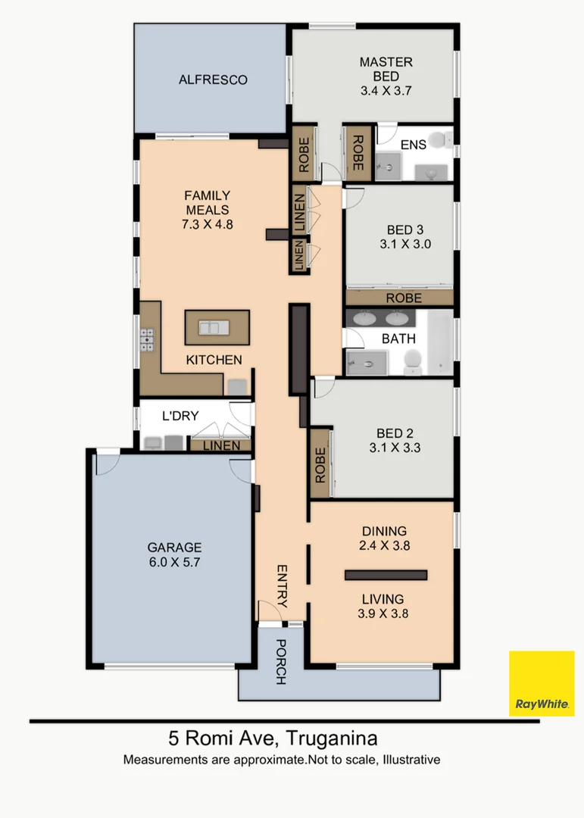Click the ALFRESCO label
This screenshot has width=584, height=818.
coord(213,80)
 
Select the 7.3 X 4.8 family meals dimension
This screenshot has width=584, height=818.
coord(207,224)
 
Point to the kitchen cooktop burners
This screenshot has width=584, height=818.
coord(146,339)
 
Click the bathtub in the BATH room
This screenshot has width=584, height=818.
coord(439,341)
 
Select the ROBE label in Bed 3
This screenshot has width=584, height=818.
coord(404,298)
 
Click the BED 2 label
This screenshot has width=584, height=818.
coord(395,434)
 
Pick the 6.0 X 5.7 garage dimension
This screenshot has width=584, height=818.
coord(174,562)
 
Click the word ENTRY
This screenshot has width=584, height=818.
coord(283,586)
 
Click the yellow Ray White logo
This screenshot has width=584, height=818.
coord(541,683)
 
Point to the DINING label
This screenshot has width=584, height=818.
coord(383,531)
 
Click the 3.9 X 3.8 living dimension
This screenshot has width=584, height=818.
coord(383,614)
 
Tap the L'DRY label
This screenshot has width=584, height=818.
coord(180,416)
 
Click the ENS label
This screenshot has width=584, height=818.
coord(414,145)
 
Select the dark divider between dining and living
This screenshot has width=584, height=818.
coord(386,575)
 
